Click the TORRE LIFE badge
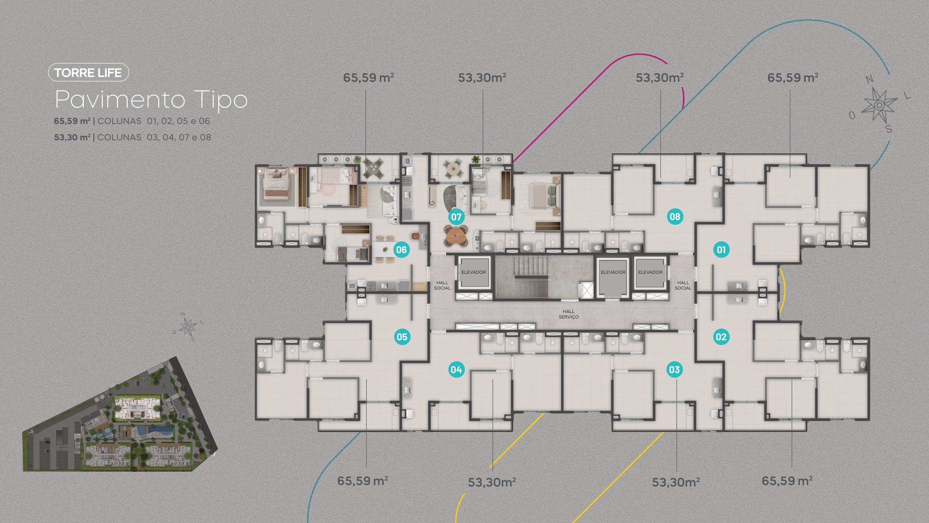coord(89,72)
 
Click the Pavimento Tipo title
coord(151,99)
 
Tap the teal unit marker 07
coord(456,217)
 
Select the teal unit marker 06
coord(401,250)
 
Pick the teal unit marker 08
coord(675,216)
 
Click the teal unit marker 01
coord(721,250)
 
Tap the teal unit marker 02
coord(721,337)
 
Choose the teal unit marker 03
coord(675,369)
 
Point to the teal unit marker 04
coord(456,369)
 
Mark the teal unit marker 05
coord(402,337)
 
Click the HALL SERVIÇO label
coord(569,314)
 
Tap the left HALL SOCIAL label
coord(442,285)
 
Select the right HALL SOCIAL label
coord(683,285)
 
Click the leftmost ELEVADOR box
coord(474,272)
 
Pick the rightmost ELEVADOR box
coord(650,272)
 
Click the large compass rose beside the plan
coord(879,105)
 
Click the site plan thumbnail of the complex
coord(120,414)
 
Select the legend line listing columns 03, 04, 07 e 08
coord(132,137)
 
